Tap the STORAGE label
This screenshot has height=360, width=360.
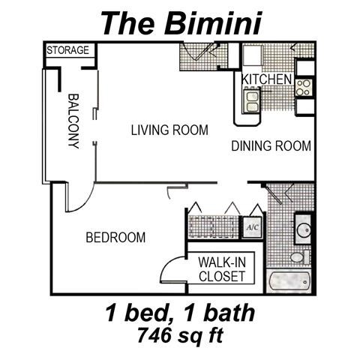(x=68, y=51)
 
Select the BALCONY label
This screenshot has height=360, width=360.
(x=73, y=121)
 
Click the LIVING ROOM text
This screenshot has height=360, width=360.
(x=169, y=130)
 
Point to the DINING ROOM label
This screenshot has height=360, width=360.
(x=270, y=146)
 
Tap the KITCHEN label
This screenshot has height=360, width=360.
(x=266, y=79)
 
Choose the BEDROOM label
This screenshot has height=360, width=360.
(x=115, y=238)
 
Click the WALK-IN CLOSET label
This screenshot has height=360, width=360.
(x=221, y=269)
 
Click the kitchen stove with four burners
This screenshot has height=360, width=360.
(x=303, y=87)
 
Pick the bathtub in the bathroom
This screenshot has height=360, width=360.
(x=289, y=282)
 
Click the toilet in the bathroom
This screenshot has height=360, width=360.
(x=298, y=257)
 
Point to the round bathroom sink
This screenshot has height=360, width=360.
(x=303, y=229)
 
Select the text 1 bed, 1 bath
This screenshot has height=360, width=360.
(x=180, y=311)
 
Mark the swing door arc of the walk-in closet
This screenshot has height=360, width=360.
(x=171, y=268)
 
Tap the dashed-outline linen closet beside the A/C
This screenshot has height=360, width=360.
(x=212, y=226)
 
